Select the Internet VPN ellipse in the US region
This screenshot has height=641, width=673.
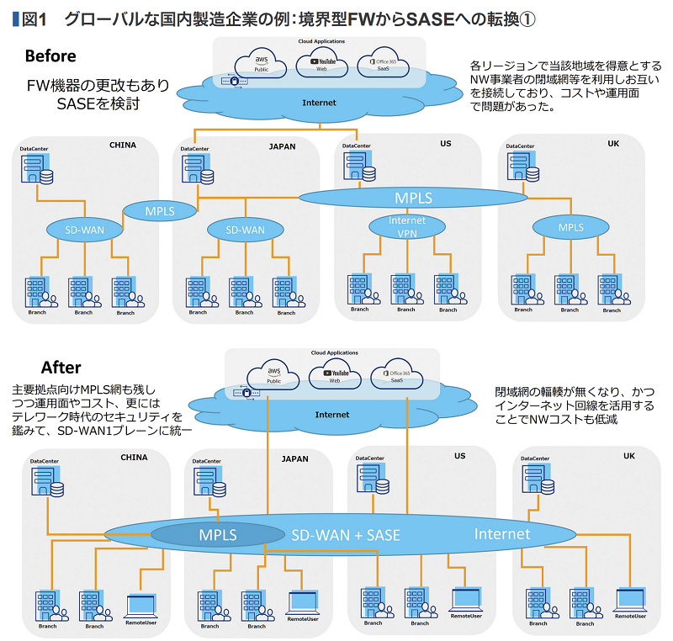406,226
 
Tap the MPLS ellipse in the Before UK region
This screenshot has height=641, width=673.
570,227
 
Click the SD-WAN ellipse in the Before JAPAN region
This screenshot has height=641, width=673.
246,230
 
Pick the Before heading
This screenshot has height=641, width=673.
50,56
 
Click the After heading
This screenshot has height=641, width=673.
61,368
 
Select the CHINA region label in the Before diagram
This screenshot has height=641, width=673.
122,145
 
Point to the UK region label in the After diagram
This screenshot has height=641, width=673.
628,456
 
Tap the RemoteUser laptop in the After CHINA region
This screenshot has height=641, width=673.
140,605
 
